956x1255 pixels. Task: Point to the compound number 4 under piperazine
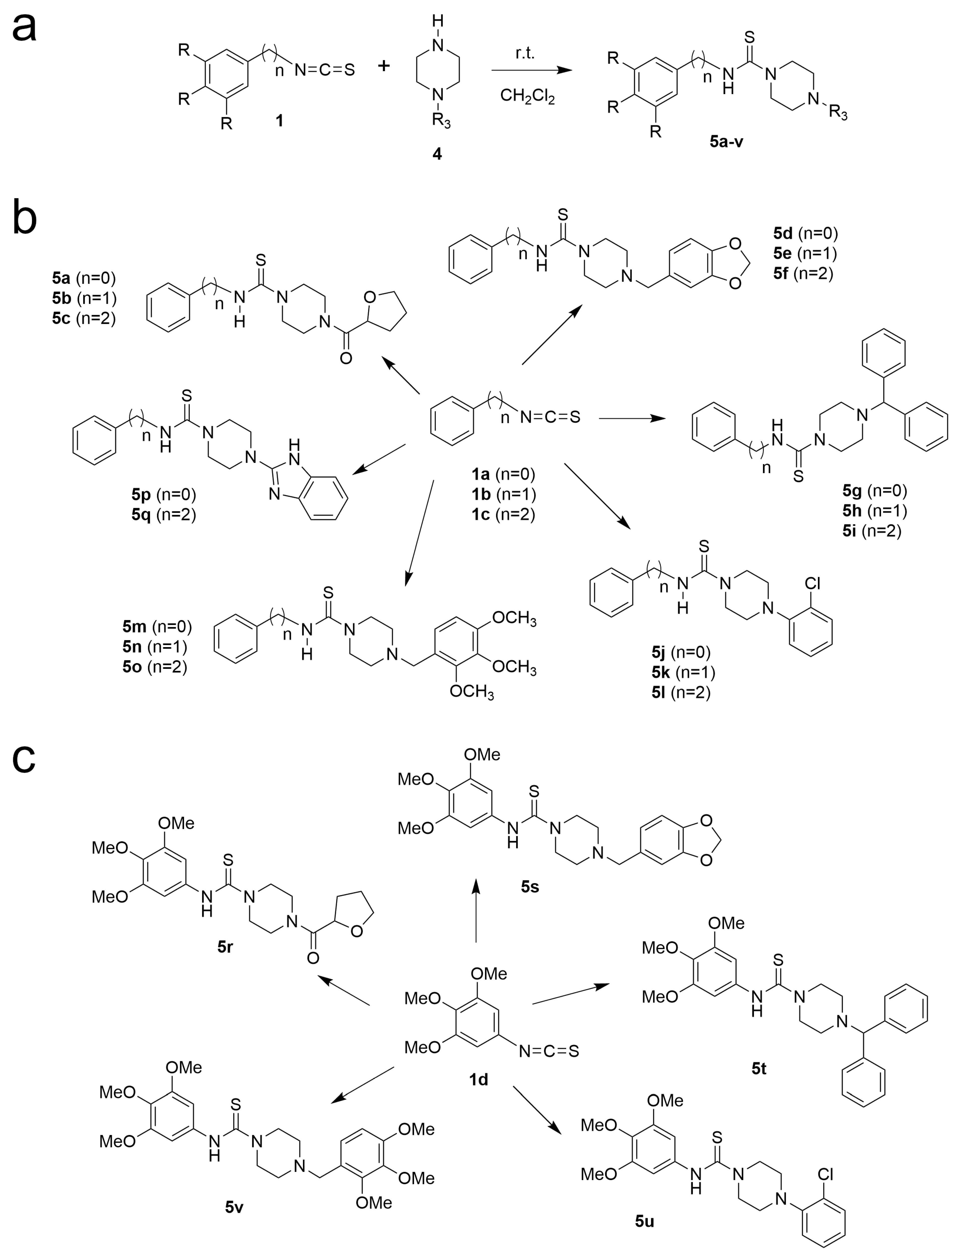(437, 154)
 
